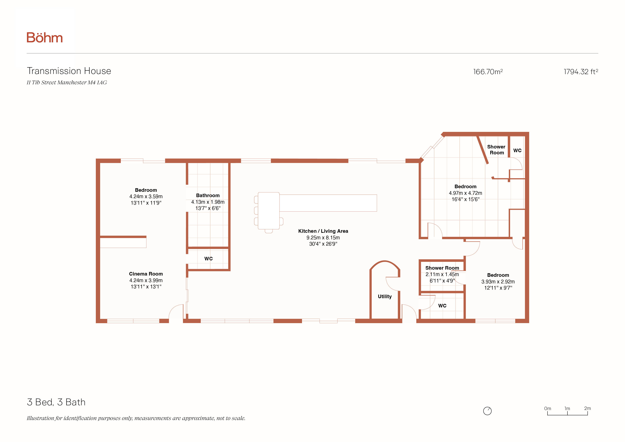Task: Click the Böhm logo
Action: (45, 38)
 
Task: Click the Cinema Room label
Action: (146, 274)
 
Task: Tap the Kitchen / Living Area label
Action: (323, 231)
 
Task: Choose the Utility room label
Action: (385, 297)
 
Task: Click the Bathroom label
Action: (208, 195)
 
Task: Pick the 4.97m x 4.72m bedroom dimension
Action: (466, 193)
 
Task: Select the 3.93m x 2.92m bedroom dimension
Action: (498, 282)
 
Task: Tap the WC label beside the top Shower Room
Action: (517, 150)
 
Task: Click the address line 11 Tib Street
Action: (67, 82)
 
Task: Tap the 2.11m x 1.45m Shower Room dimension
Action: (442, 274)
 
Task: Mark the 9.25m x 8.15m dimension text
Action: (323, 237)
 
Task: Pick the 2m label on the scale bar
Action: (587, 408)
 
